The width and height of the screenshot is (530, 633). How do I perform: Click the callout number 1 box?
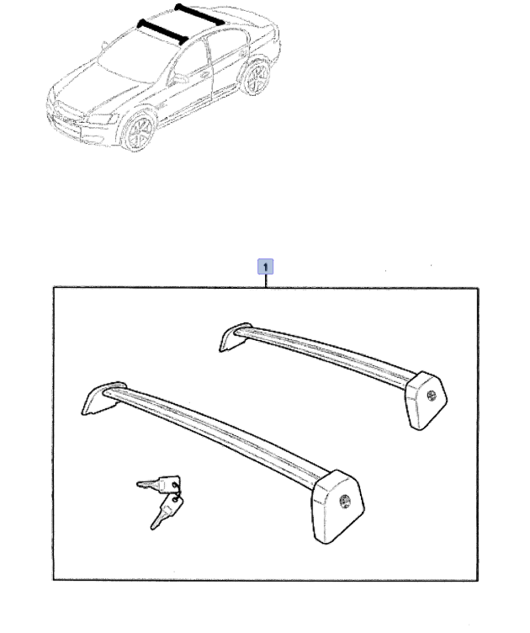pyautogui.click(x=265, y=267)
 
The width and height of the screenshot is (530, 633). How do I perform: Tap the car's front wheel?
pyautogui.click(x=138, y=131)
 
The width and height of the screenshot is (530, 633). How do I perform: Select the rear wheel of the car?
pyautogui.click(x=256, y=77)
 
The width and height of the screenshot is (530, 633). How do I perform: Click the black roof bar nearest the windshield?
pyautogui.click(x=162, y=31)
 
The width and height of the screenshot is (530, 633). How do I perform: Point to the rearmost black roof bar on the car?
pyautogui.click(x=199, y=14)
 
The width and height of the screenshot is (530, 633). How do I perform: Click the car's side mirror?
pyautogui.click(x=179, y=78)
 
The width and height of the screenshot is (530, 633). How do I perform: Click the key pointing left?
pyautogui.click(x=157, y=484)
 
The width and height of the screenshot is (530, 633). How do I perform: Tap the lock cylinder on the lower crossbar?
pyautogui.click(x=344, y=502)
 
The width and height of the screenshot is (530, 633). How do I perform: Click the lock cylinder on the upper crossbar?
pyautogui.click(x=432, y=396)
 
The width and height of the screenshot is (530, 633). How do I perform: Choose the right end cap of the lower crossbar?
pyautogui.click(x=338, y=506)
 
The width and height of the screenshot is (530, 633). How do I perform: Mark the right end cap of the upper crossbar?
pyautogui.click(x=427, y=400)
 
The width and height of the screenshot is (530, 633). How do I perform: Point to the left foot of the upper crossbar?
pyautogui.click(x=236, y=337)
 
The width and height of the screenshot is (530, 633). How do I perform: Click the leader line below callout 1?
pyautogui.click(x=265, y=281)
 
